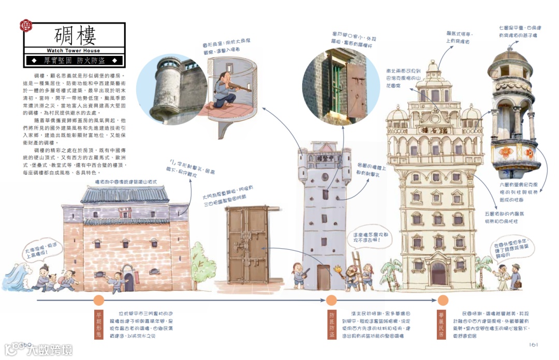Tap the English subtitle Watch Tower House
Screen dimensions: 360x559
73,51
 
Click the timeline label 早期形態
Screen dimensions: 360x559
99,324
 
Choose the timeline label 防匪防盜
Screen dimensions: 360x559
332,325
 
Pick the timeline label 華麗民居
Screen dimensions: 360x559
442,324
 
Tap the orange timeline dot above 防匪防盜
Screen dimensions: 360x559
332,300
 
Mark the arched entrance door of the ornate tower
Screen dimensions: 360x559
437,274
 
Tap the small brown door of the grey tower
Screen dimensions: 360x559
323,277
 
